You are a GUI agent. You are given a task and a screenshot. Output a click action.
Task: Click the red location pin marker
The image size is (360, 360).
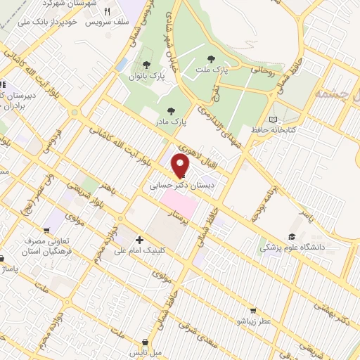tap(181, 165)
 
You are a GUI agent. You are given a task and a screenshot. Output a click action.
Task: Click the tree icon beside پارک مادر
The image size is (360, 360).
tap(170, 110)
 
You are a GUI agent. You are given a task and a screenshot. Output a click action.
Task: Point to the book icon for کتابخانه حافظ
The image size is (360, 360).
tap(274, 119)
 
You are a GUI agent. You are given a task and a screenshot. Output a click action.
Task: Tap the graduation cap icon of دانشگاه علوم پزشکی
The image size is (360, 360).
tap(291, 237)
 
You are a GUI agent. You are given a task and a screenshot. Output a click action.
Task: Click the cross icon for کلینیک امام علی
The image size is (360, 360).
tap(139, 240)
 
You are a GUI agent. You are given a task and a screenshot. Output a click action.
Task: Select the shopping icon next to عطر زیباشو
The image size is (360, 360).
tap(253, 309)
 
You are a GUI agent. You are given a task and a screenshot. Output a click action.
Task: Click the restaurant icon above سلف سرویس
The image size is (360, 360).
tap(108, 11)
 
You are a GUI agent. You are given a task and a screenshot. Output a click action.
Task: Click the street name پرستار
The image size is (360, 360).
tap(181, 224)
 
